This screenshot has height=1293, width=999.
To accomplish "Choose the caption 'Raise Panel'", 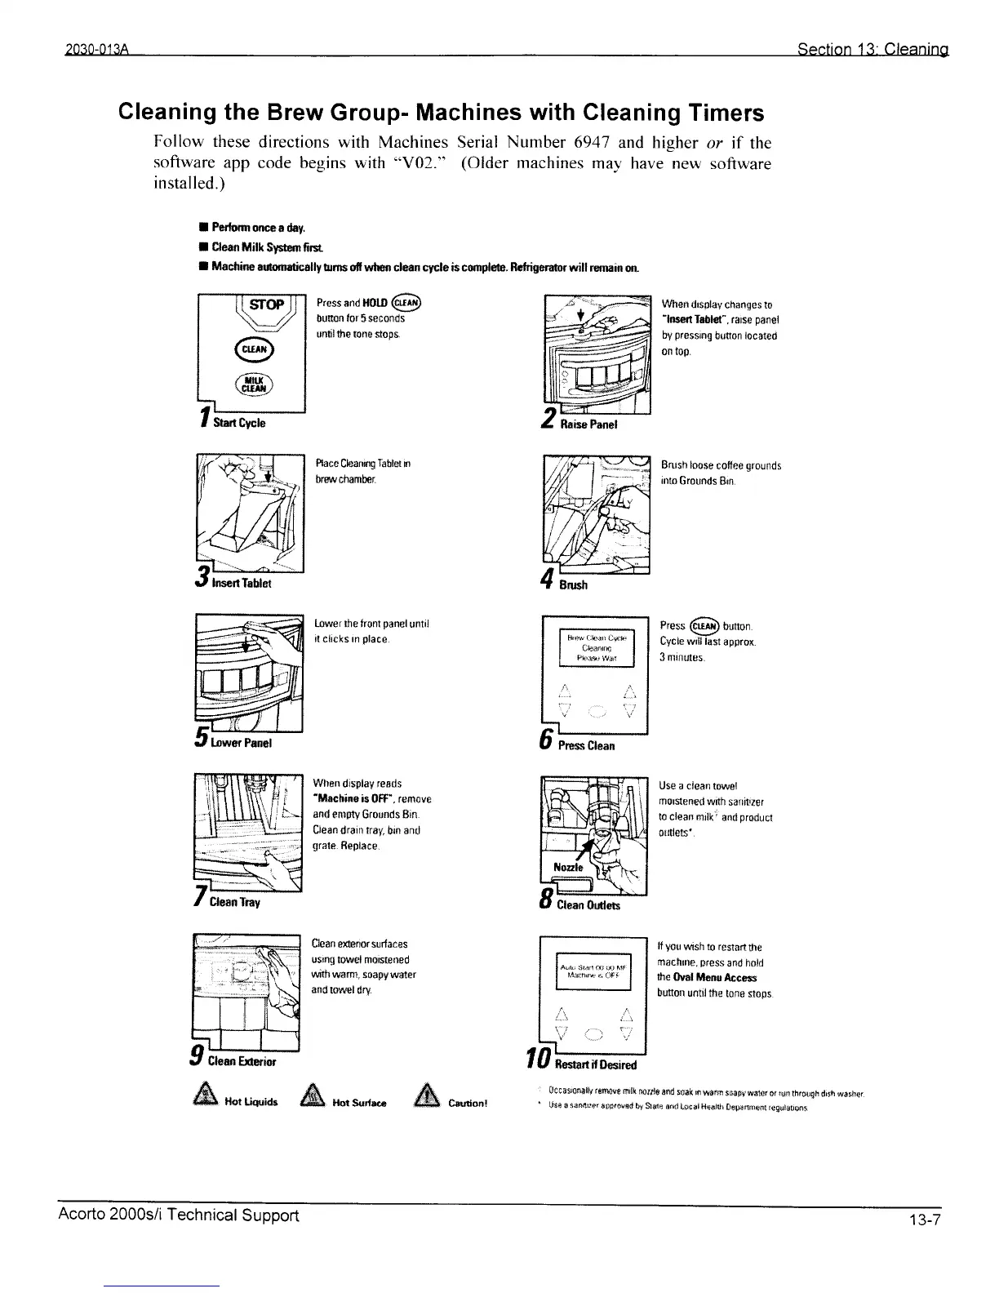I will pyautogui.click(x=588, y=424).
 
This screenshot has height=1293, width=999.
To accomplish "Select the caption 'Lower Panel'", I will pyautogui.click(x=241, y=743).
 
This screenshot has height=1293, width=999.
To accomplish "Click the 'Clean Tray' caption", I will pyautogui.click(x=234, y=903).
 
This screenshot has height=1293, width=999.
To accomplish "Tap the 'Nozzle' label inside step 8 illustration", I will pyautogui.click(x=567, y=867).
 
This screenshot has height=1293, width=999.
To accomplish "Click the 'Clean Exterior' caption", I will pyautogui.click(x=243, y=1062).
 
